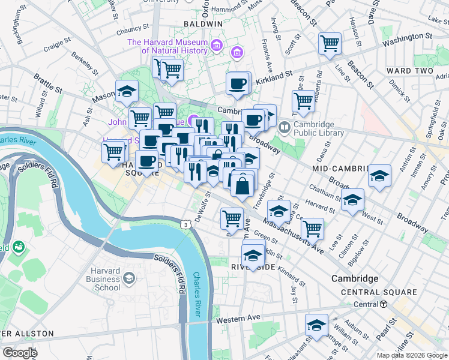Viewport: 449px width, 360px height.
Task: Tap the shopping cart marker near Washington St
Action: [x=330, y=43]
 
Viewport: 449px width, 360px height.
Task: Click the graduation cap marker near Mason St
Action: [x=127, y=91]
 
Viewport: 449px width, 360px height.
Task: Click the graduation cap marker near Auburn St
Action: [x=316, y=325]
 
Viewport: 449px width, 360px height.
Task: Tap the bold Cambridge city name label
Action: [x=355, y=279]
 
